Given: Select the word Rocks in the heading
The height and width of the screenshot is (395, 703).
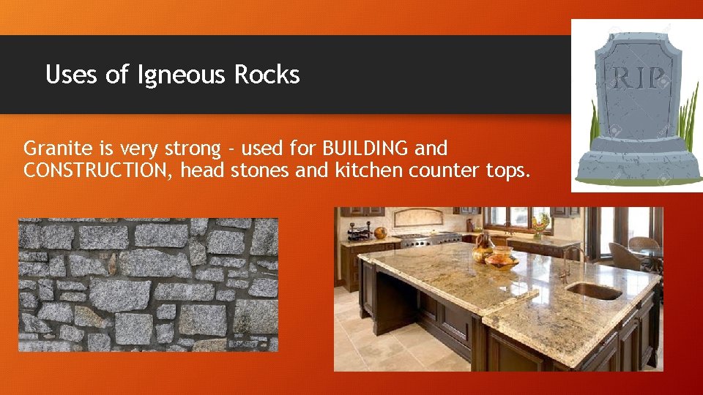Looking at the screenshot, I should pyautogui.click(x=267, y=75).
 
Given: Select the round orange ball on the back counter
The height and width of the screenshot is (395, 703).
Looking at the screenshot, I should pyautogui.click(x=380, y=233).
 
